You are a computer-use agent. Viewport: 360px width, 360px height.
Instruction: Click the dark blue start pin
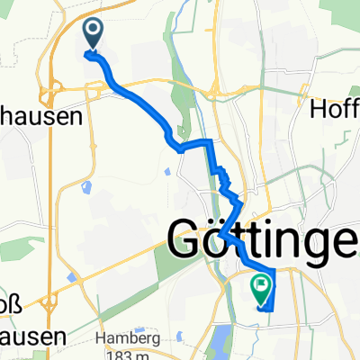coord(94,33)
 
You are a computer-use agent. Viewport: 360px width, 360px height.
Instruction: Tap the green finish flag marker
coord(261,286)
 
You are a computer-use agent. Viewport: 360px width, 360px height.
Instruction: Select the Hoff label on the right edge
coord(335,109)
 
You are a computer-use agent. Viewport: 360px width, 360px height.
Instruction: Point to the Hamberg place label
coord(131,338)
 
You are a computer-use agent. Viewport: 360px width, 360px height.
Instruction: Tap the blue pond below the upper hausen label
coord(86,188)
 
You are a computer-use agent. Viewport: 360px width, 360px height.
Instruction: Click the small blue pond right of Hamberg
coord(180,338)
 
